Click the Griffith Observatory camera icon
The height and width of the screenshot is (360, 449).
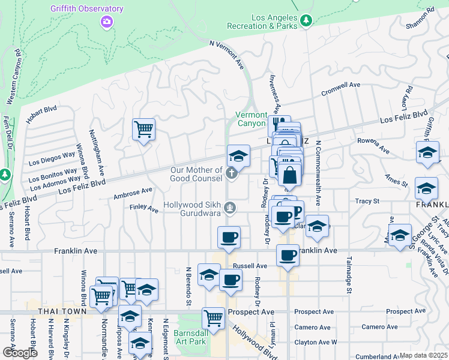[x=106, y=21]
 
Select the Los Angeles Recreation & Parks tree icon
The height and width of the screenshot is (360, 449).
[x=307, y=21]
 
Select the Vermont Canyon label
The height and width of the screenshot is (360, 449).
[x=251, y=119]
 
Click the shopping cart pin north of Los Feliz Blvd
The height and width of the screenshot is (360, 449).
[x=143, y=128]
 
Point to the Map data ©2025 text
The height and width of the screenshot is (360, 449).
[x=423, y=355]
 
